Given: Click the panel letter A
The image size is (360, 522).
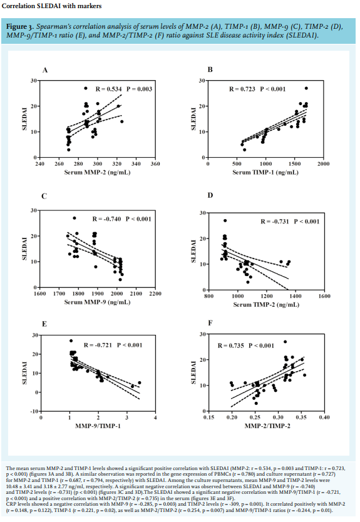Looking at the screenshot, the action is [45, 70].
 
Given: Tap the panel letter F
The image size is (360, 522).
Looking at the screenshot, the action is [210, 323].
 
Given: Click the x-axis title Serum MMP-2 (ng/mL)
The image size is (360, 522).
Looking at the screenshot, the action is [97, 173].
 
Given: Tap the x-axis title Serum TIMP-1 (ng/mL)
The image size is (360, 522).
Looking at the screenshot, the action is [265, 172].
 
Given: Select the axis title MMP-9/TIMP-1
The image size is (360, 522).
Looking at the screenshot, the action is [98, 426].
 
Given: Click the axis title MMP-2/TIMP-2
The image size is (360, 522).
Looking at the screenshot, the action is [267, 426].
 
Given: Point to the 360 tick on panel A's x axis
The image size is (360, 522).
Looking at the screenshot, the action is [155, 164].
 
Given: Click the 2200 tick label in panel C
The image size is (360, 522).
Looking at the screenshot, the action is [155, 294].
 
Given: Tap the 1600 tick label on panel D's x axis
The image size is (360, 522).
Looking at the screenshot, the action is [324, 296].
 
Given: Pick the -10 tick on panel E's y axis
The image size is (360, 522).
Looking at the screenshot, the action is [35, 411].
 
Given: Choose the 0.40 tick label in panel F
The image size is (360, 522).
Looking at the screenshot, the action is [324, 417].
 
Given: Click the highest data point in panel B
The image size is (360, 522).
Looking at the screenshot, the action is [306, 88].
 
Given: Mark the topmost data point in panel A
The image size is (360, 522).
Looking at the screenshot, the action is [86, 88].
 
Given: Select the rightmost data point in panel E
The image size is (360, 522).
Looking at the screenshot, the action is [140, 383].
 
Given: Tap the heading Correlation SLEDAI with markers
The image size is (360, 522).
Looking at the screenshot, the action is [51, 6].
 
